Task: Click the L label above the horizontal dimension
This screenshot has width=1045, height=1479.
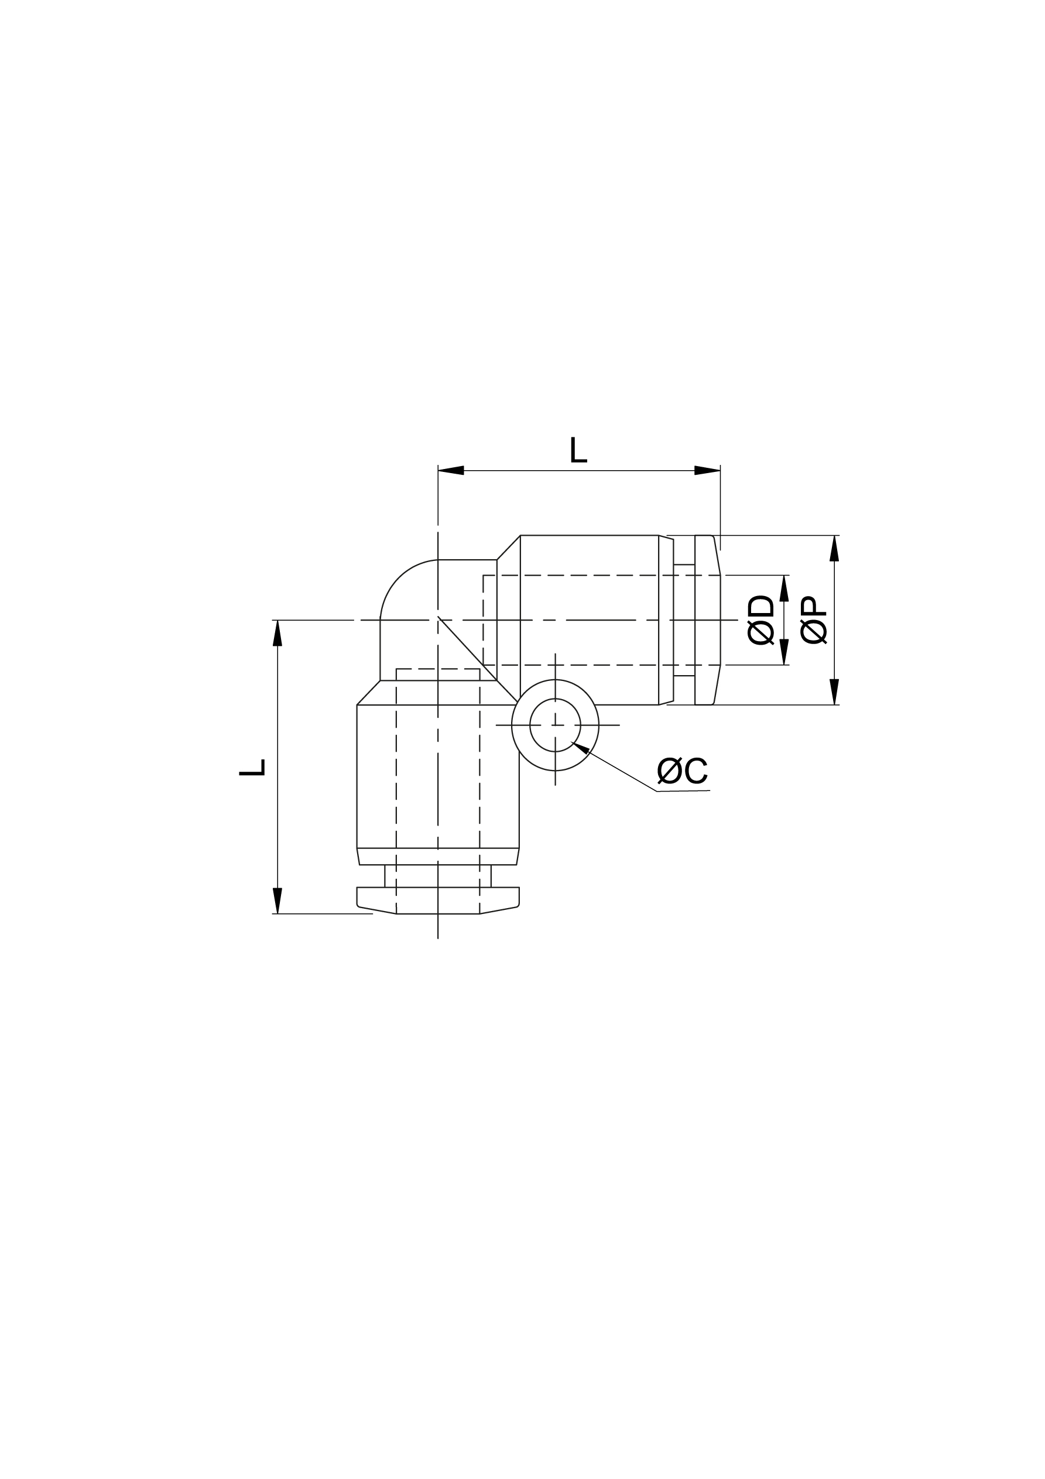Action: coord(578,450)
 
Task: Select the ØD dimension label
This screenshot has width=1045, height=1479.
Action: coord(760,619)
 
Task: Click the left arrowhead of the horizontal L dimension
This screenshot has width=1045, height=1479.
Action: coord(450,470)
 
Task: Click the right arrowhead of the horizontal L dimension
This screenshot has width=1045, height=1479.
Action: coord(707,470)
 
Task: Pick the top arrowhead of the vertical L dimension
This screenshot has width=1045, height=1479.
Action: coord(277,632)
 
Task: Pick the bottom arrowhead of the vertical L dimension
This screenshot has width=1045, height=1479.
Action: coord(277,901)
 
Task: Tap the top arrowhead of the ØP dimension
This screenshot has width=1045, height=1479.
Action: coord(834,548)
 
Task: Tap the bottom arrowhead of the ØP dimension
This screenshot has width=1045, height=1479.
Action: coord(834,692)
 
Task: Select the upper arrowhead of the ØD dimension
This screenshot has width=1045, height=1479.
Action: coord(784,588)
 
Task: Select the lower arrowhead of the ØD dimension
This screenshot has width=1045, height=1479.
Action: coord(784,652)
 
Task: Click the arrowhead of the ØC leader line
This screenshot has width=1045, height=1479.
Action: coord(579,747)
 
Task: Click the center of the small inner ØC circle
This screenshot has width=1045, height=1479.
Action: coord(555,725)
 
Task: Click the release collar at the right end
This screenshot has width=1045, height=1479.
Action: coord(707,619)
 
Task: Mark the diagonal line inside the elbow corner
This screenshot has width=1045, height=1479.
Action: coord(467,649)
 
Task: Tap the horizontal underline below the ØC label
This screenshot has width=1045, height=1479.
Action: coord(683,790)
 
